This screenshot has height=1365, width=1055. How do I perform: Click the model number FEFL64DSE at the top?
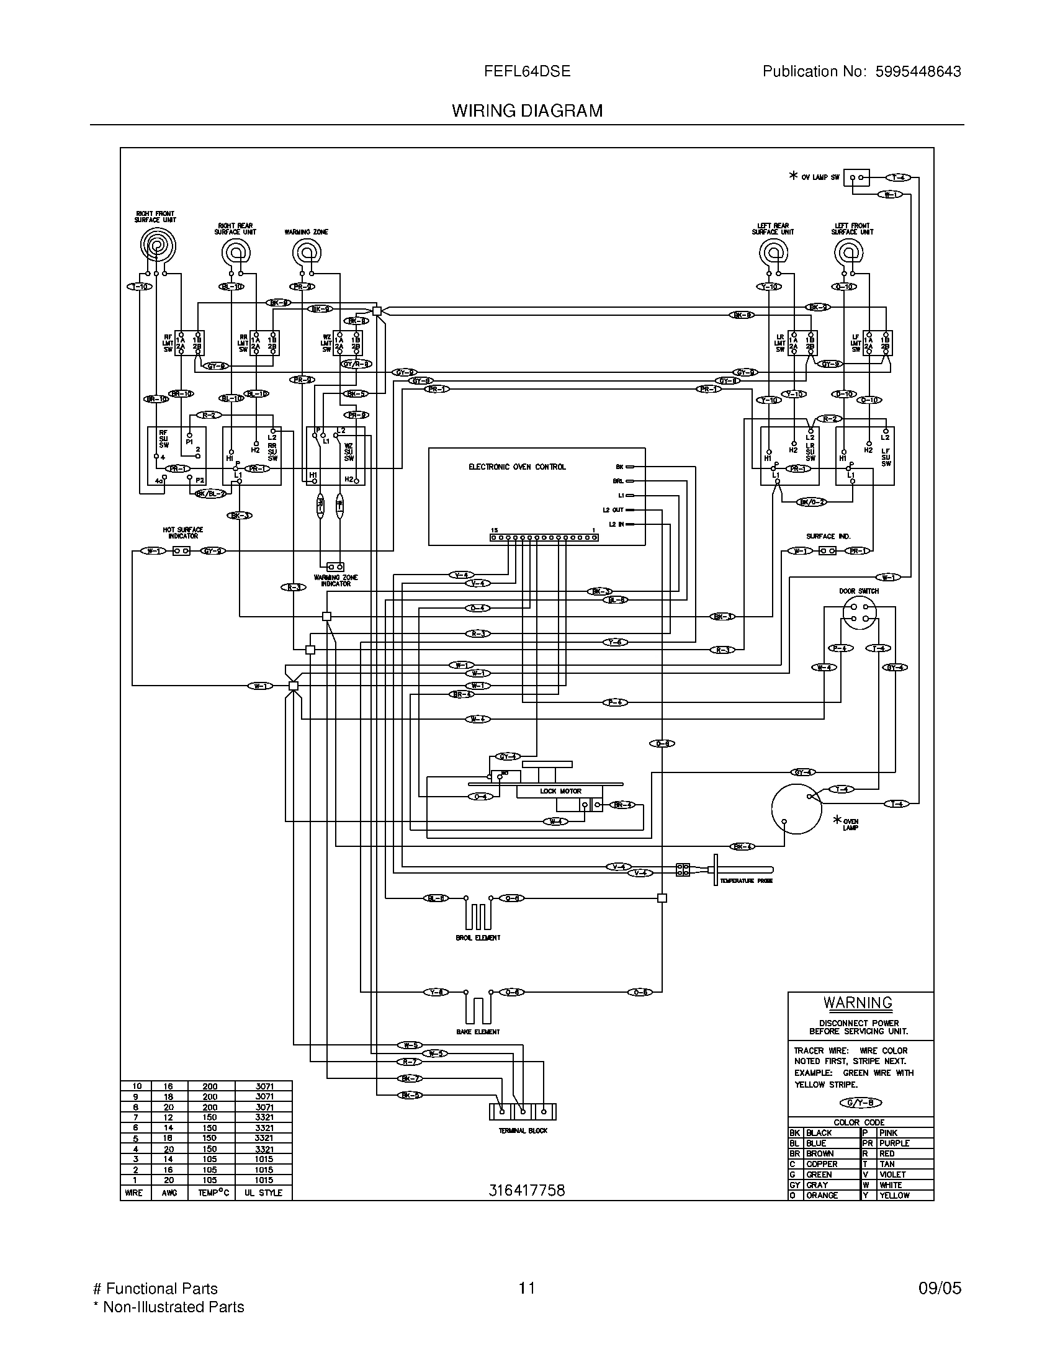(x=527, y=72)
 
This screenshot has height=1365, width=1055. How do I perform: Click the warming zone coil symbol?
(x=306, y=253)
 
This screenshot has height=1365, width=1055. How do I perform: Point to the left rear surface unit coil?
(x=773, y=253)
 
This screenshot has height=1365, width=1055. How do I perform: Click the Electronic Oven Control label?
(x=517, y=467)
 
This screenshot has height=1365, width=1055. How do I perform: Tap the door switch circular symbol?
(x=860, y=612)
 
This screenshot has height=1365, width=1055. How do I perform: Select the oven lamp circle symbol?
(x=796, y=808)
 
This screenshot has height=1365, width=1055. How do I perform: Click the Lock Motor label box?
(x=560, y=791)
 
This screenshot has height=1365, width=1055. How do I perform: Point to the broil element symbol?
(x=478, y=915)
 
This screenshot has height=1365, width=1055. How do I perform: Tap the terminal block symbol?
(x=523, y=1112)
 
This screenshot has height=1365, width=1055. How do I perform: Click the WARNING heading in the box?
(x=858, y=1003)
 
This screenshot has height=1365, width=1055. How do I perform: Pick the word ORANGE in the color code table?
(x=821, y=1195)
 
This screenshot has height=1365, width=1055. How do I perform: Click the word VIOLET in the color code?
(x=892, y=1175)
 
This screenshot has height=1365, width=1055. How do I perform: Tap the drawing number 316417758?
(x=526, y=1191)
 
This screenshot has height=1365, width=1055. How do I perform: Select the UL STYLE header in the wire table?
(x=263, y=1193)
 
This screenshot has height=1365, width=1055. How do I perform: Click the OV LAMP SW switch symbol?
(x=856, y=177)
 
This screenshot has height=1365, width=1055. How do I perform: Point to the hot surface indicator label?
(x=183, y=532)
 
